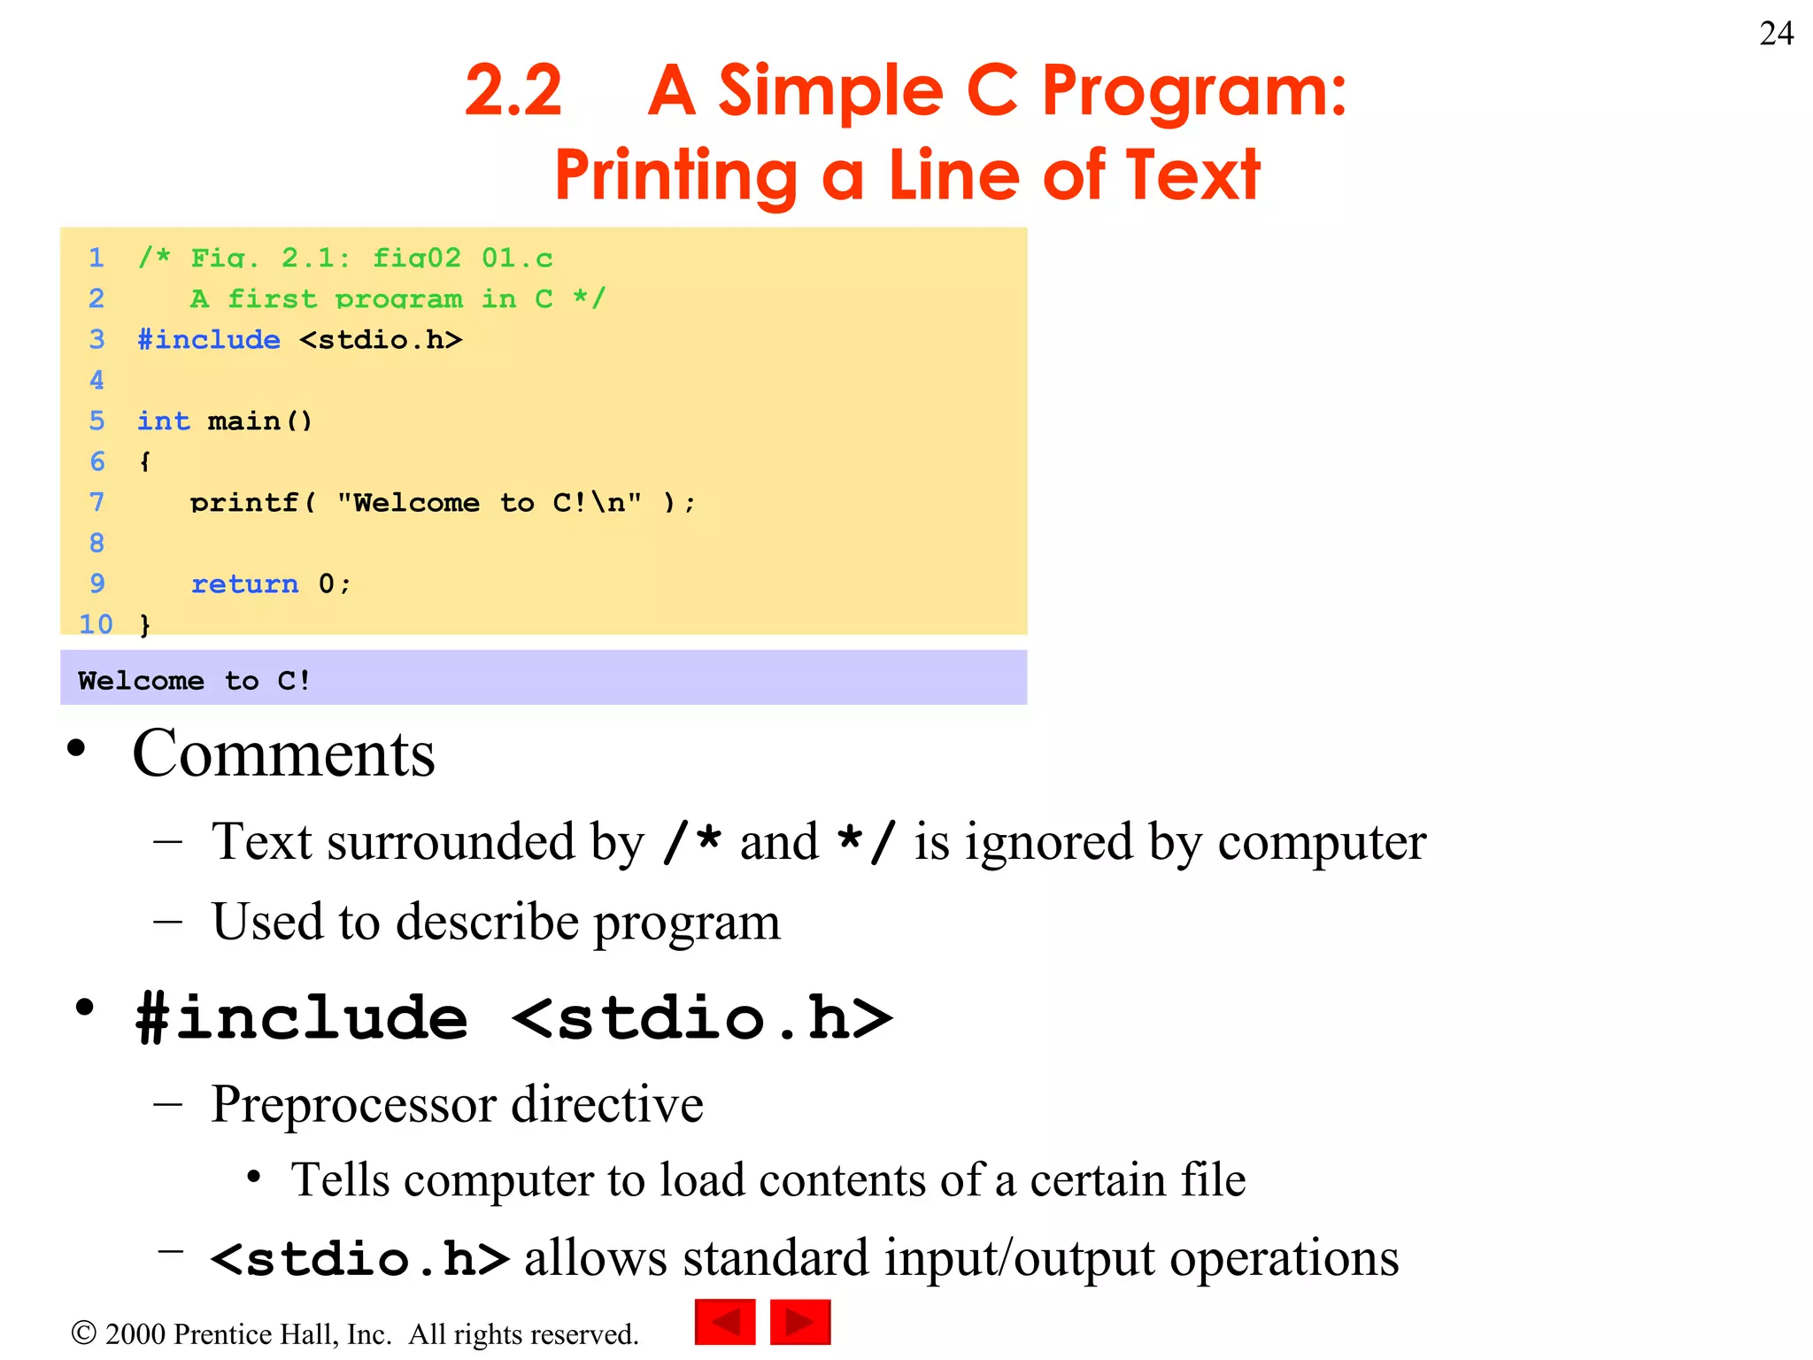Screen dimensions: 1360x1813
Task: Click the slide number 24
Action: (1776, 34)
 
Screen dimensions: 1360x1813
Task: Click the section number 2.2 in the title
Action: (513, 90)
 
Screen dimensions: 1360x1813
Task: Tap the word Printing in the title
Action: (676, 175)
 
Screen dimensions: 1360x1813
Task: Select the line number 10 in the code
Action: (96, 624)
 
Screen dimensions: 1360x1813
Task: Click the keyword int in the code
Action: (164, 421)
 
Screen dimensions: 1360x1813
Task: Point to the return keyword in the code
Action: (244, 583)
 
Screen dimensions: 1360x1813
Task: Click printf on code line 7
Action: (244, 503)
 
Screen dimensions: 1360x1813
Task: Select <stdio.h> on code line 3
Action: (381, 340)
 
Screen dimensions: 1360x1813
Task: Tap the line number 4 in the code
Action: (96, 380)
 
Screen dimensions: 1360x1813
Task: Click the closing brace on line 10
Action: (145, 625)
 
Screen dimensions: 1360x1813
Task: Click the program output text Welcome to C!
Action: (194, 680)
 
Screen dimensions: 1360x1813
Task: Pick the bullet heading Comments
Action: (283, 753)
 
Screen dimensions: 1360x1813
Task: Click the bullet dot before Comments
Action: (77, 748)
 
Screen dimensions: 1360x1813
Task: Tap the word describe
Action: (487, 922)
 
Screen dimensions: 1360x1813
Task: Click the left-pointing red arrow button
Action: (725, 1322)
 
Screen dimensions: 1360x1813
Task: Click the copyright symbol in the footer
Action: (83, 1333)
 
